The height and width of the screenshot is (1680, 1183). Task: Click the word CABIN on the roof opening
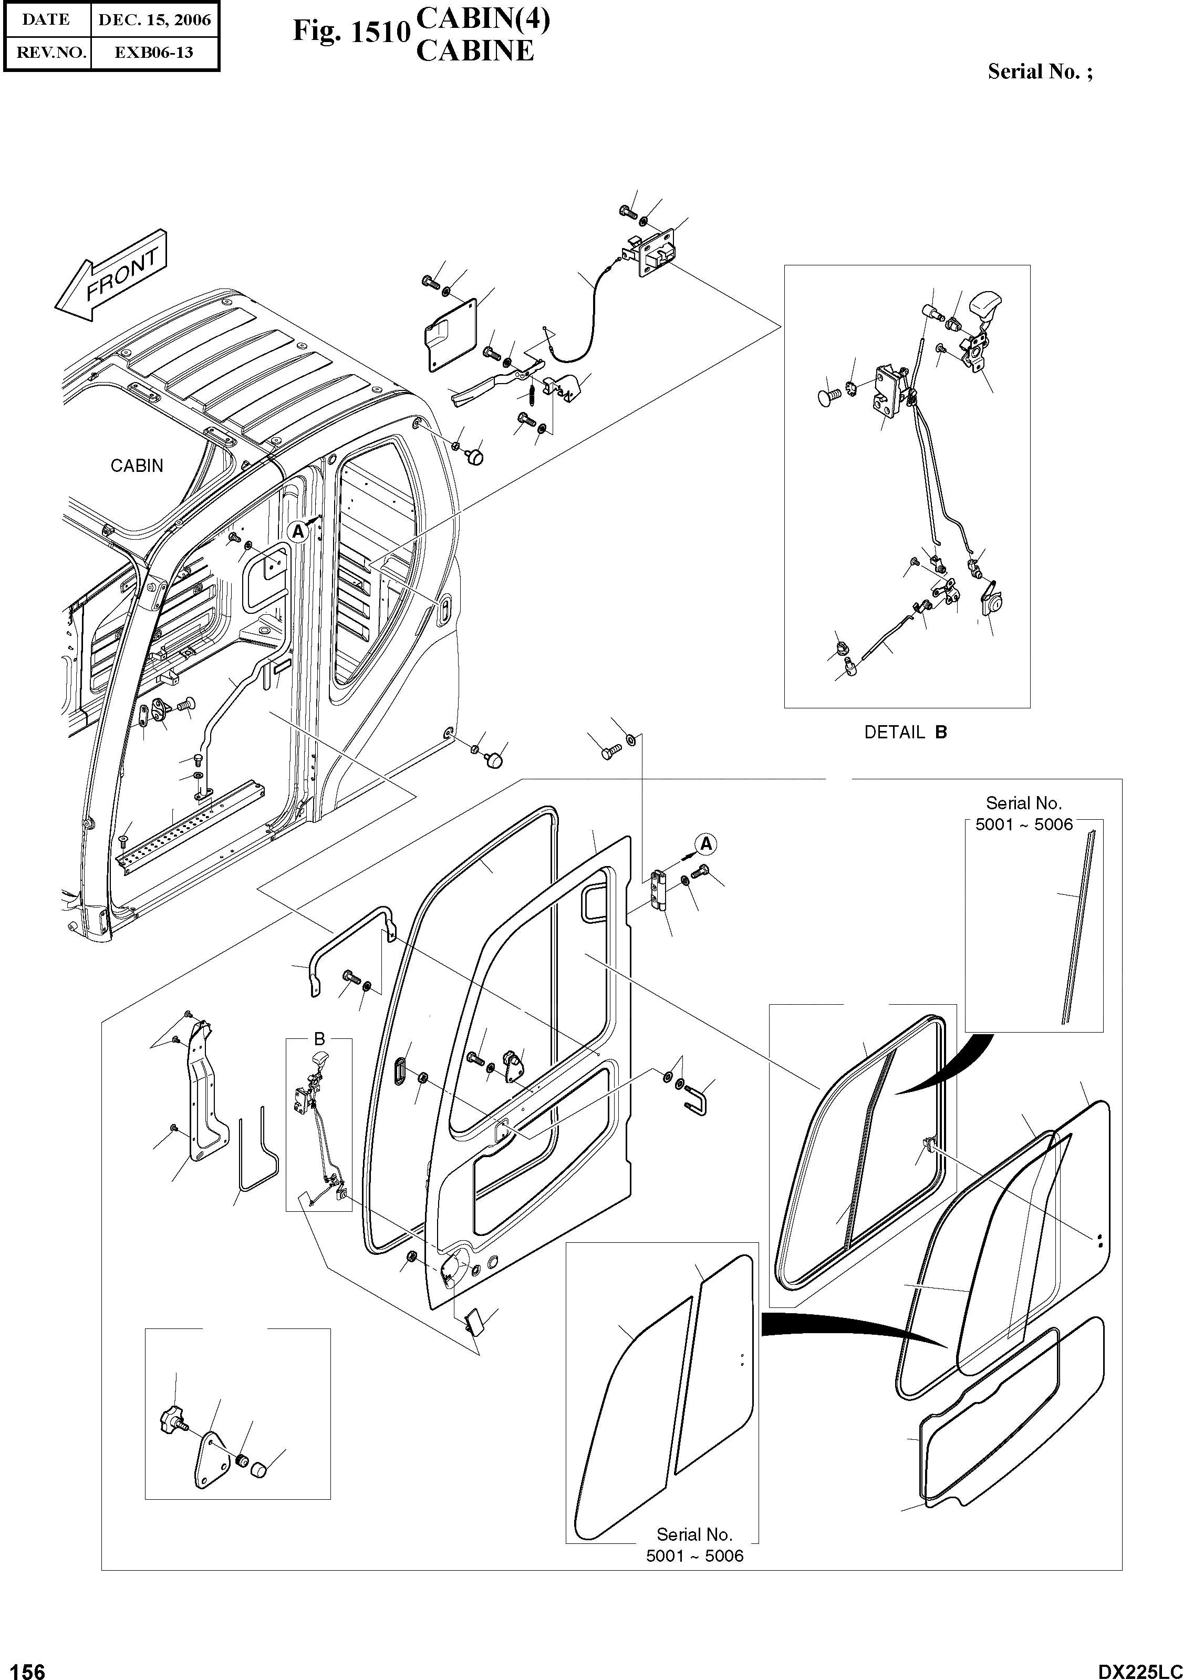[137, 466]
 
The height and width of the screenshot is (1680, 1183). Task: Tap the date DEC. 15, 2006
[154, 20]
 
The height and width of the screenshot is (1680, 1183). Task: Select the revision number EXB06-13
[154, 53]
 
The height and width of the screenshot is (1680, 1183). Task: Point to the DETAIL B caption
[905, 733]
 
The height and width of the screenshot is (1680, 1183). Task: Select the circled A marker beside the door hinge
[705, 843]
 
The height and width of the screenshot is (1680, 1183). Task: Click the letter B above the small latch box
[319, 1039]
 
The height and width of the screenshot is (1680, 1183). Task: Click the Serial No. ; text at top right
[1040, 71]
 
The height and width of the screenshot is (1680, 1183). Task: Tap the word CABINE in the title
[475, 51]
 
